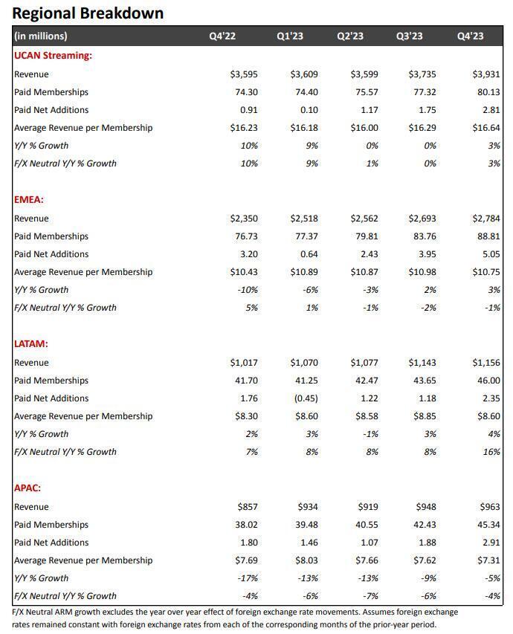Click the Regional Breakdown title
[88, 13]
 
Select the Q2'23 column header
[349, 36]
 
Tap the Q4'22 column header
[222, 36]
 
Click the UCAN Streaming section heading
[53, 55]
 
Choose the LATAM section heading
[31, 343]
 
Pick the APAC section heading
[28, 488]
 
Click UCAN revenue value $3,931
[486, 74]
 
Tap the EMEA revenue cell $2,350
[244, 219]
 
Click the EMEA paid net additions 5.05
[488, 254]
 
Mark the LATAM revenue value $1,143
[422, 363]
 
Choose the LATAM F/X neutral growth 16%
[491, 452]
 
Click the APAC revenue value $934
[307, 507]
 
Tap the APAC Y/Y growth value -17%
[248, 578]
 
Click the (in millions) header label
[40, 36]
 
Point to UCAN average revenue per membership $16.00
[364, 128]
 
